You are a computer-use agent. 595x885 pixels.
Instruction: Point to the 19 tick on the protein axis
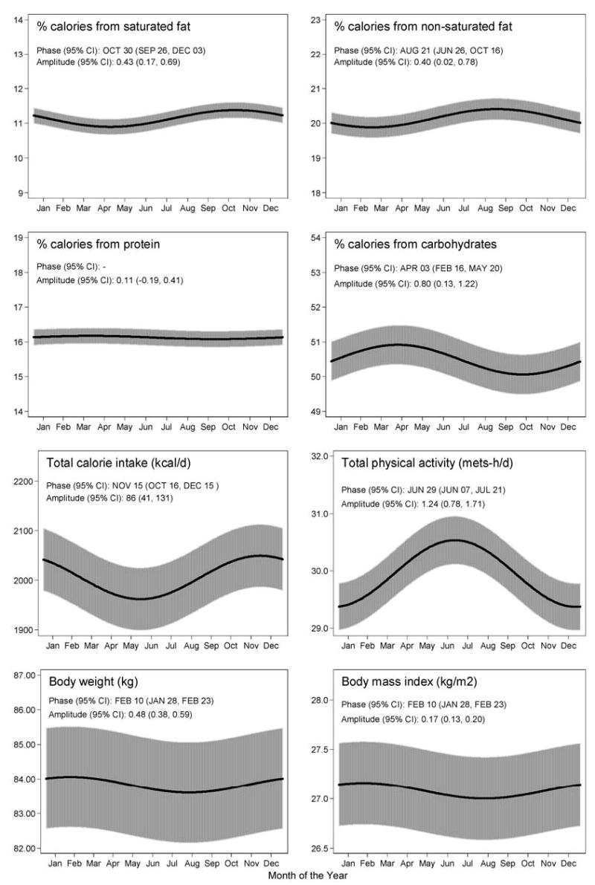[16, 238]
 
